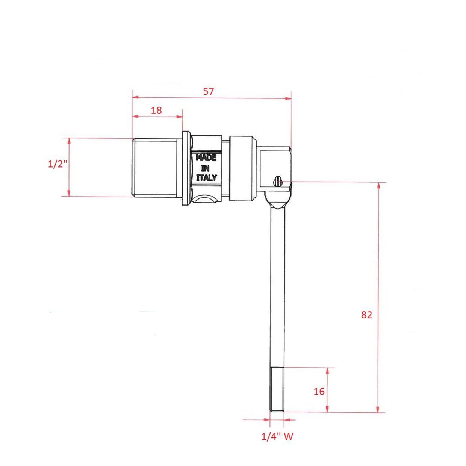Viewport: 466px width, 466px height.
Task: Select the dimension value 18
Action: coord(156,110)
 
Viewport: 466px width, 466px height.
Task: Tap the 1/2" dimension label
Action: coord(57,164)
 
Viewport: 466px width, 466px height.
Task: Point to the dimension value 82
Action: coord(366,315)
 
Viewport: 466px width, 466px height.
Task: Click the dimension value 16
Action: coord(319,392)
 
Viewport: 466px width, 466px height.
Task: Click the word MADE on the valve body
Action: coord(206,158)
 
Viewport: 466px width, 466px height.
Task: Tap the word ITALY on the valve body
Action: coord(206,178)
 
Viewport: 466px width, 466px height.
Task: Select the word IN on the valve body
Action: coord(206,168)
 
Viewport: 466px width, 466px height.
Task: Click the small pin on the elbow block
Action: coord(277,182)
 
